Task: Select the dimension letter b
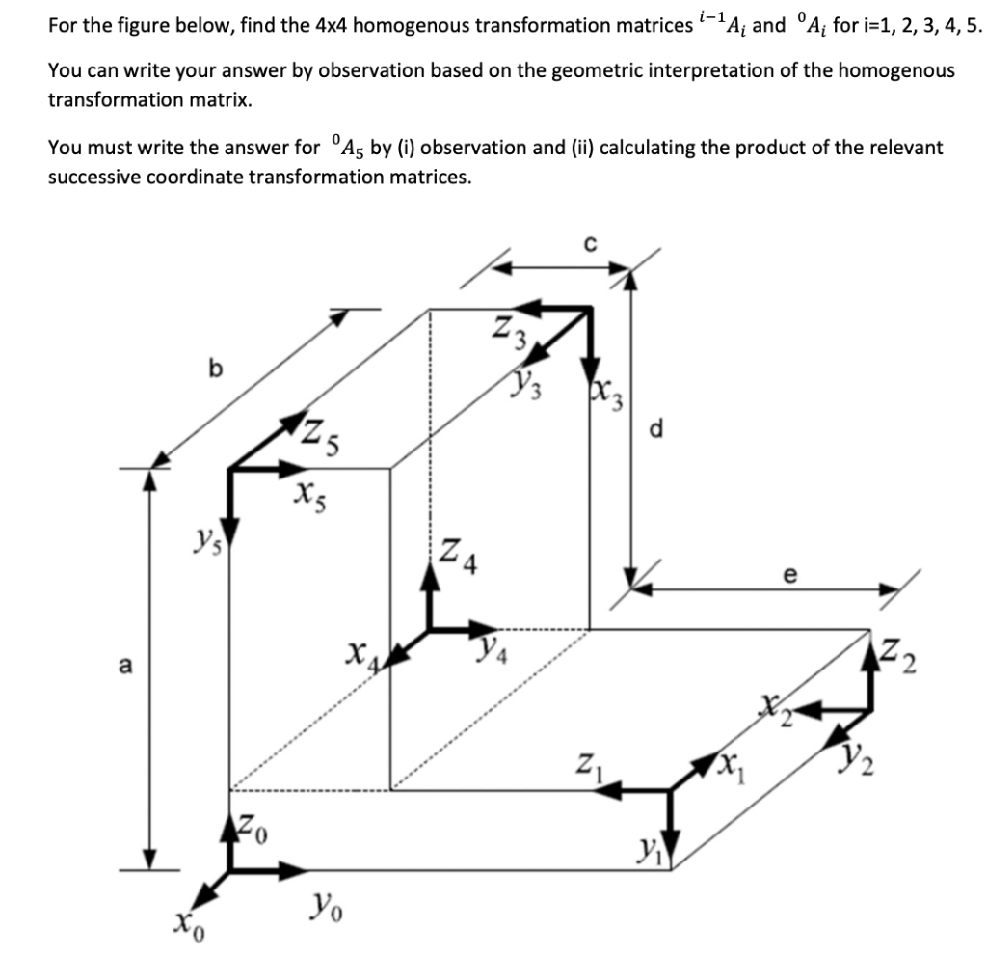[x=215, y=368]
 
